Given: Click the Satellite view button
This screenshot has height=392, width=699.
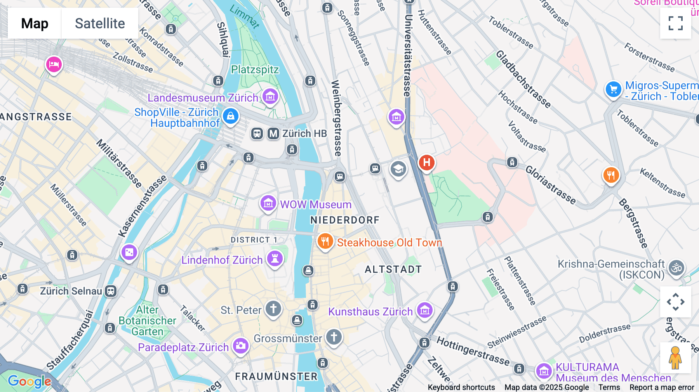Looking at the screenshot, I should point(100,23).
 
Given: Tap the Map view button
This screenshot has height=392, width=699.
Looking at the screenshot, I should point(35,23).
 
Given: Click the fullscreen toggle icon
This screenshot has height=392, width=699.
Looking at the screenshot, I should point(675,23).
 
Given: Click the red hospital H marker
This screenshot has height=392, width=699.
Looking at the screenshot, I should point(426,162).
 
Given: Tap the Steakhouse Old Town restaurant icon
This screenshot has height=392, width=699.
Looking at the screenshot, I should point(325,241).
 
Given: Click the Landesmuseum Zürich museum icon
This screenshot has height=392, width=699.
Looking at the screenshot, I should point(270,96).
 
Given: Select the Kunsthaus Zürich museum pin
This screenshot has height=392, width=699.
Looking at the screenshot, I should point(424,310).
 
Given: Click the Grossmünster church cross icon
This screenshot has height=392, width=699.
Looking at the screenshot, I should point(334,337).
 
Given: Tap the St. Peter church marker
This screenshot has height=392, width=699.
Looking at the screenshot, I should point(273,309).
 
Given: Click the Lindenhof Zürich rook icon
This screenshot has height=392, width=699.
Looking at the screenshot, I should point(275,258).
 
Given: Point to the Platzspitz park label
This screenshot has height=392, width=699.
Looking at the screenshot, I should point(255,70).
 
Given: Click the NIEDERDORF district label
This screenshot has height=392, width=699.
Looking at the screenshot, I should point(344,220).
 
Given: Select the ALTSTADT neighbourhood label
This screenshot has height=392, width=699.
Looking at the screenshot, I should point(393,269).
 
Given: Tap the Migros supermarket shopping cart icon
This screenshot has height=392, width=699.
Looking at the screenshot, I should point(613,90).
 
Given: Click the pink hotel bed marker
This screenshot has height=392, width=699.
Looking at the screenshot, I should point(54,64).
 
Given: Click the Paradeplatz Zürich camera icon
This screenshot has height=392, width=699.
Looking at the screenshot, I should point(240,345).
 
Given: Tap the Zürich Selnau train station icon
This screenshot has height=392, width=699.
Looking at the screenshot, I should point(111,291).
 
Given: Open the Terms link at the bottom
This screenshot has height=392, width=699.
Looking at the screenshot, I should point(609,387).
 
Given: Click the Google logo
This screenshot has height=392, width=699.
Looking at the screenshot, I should point(30,381).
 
